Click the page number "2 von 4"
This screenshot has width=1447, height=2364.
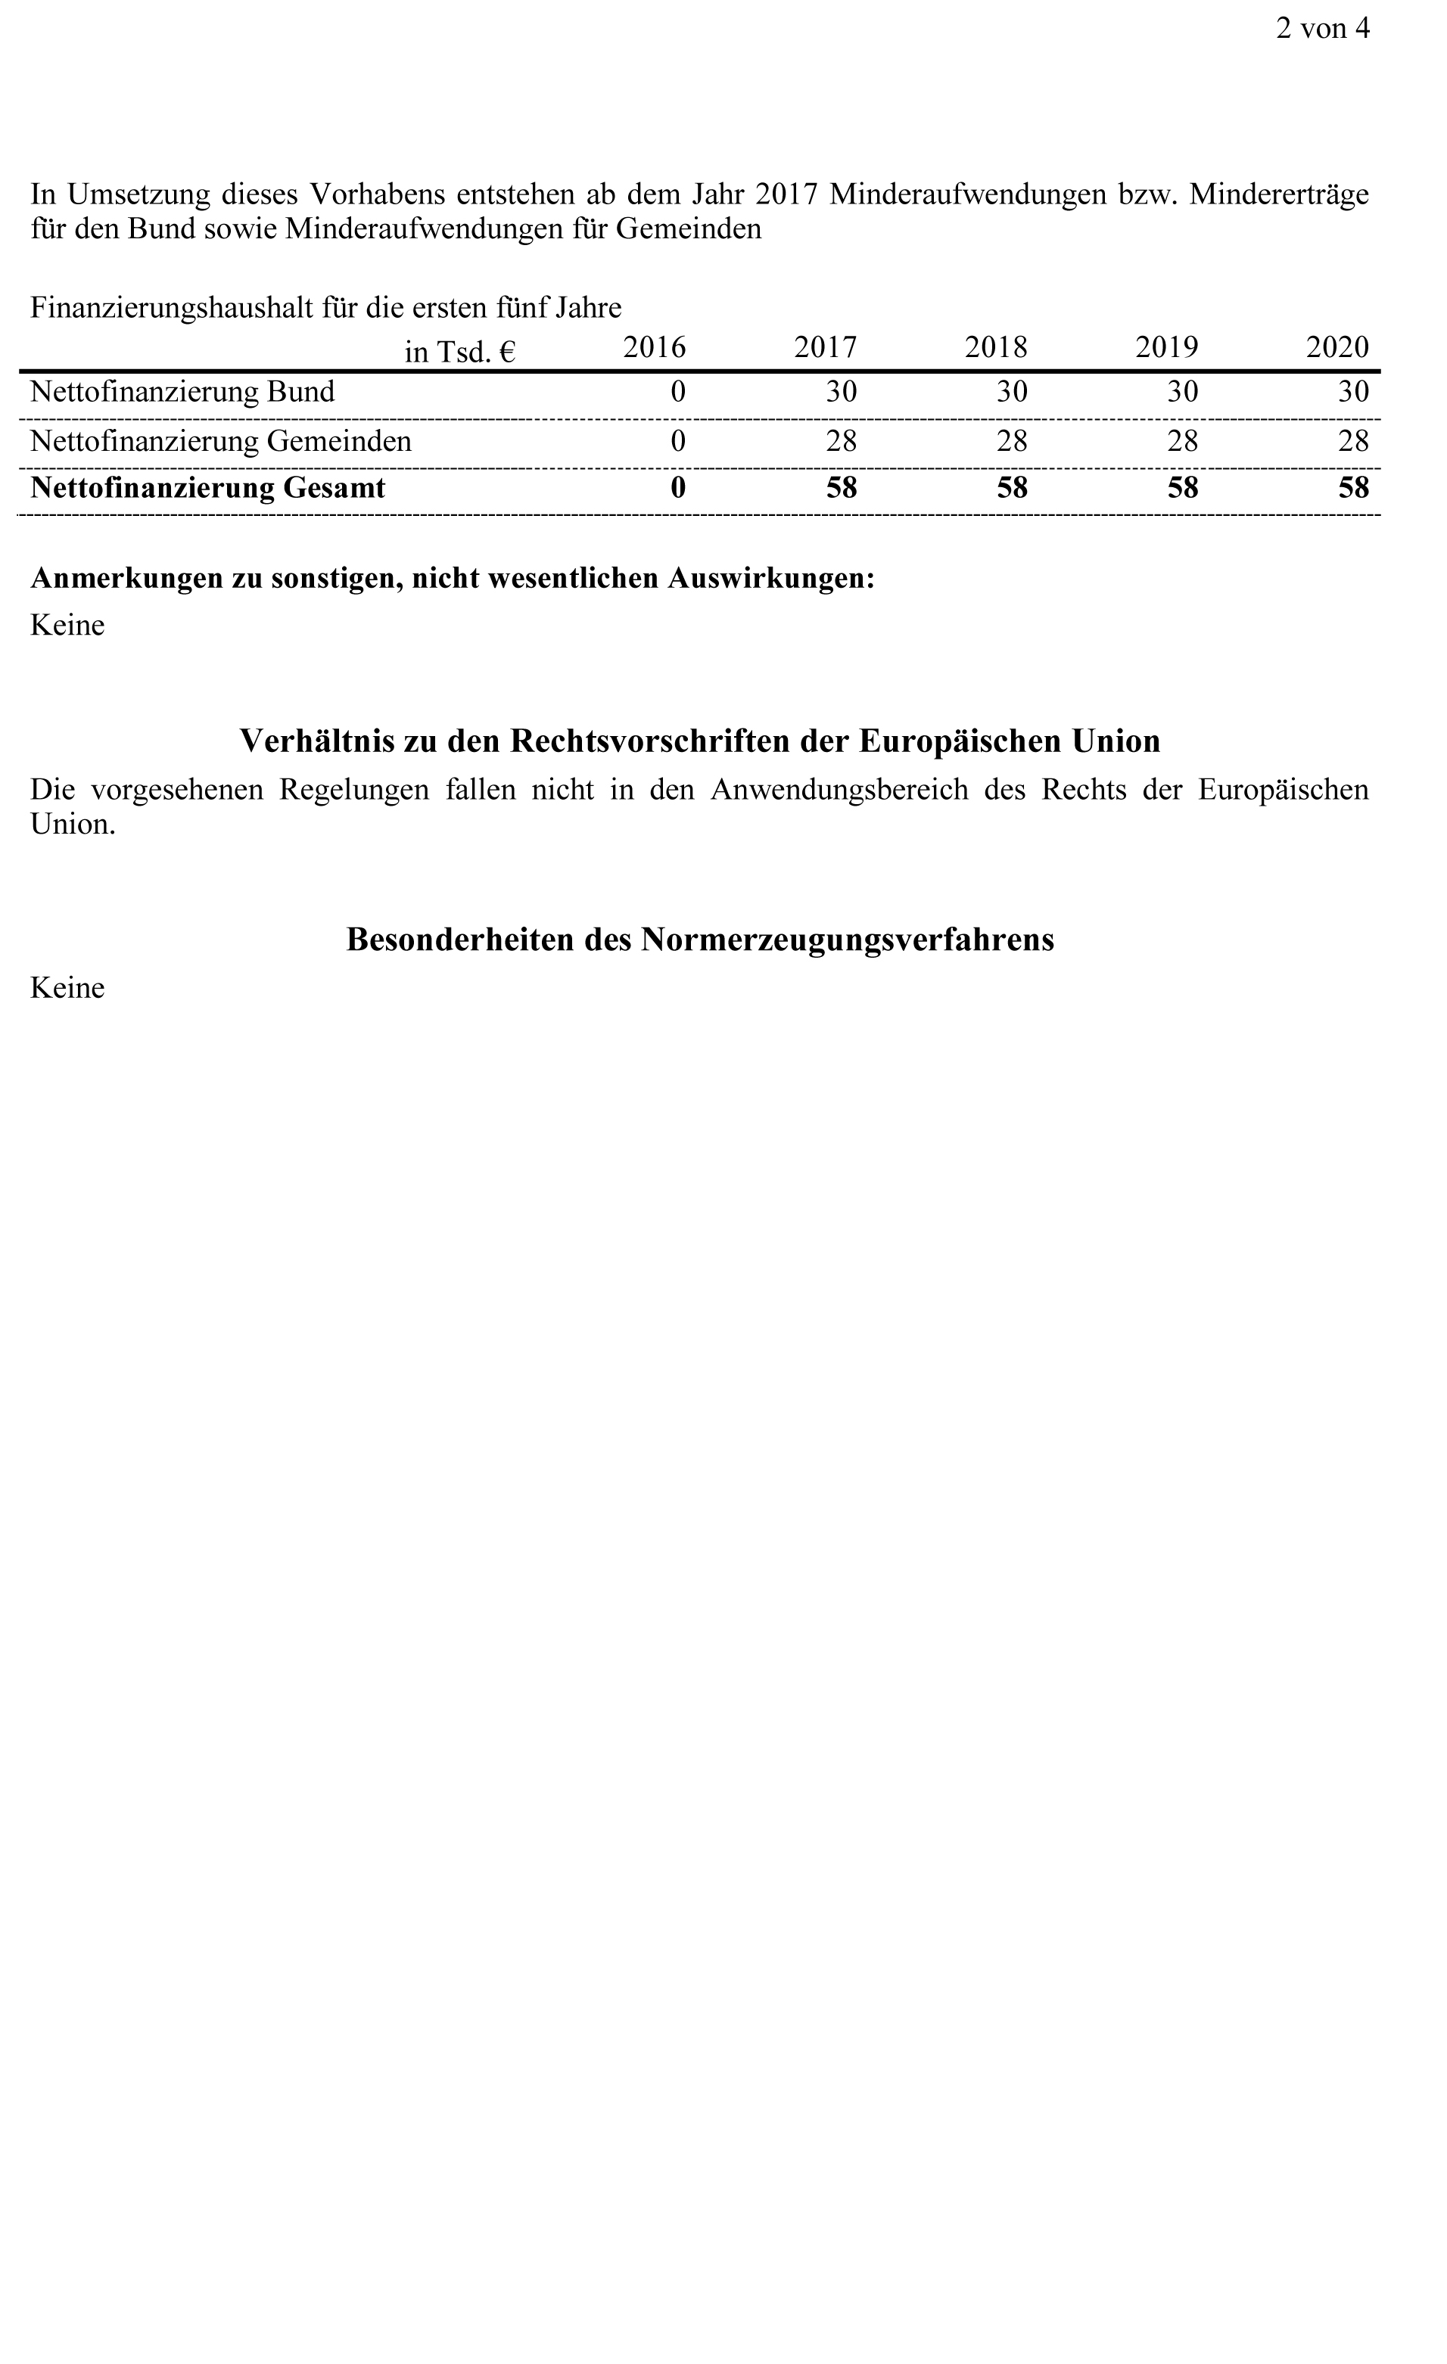(x=1321, y=29)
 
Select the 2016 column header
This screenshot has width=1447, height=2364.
(x=655, y=346)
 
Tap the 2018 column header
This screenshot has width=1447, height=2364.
(x=995, y=346)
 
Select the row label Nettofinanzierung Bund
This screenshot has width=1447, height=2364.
(x=182, y=391)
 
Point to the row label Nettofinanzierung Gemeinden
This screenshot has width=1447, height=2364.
(x=221, y=440)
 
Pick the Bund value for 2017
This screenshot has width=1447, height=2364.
(x=841, y=391)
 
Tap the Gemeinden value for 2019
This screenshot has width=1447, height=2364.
(x=1182, y=440)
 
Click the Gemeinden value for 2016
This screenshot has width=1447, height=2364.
(x=677, y=440)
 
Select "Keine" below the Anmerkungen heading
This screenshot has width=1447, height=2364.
(x=67, y=626)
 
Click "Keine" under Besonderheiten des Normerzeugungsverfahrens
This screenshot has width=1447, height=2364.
(x=67, y=988)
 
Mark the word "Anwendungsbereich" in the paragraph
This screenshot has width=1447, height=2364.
(x=839, y=790)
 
